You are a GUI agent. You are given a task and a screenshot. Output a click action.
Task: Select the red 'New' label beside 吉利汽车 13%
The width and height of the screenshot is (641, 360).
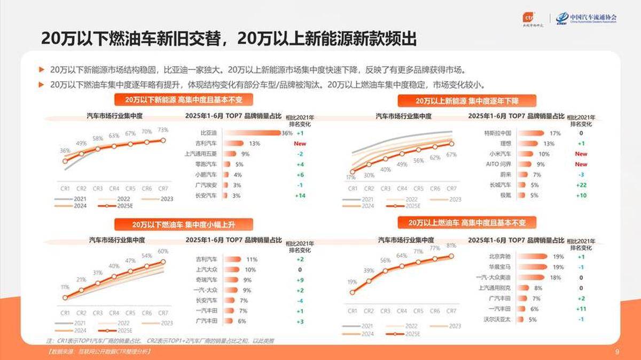[300, 144]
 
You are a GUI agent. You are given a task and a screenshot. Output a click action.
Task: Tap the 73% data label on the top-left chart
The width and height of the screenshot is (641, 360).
[163, 130]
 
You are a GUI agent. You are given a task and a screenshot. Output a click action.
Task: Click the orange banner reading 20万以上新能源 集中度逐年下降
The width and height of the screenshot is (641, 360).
[466, 100]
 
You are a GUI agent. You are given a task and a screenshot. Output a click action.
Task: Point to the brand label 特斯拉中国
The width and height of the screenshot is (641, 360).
[498, 133]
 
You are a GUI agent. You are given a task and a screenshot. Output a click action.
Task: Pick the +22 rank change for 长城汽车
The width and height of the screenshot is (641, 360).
[581, 185]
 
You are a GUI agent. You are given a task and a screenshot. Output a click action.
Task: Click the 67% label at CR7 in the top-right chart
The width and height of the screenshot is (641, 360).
[451, 155]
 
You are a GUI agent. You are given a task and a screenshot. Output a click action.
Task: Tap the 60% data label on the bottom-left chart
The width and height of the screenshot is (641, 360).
[163, 251]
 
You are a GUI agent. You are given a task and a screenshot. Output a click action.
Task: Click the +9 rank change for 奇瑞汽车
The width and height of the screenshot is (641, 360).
[300, 280]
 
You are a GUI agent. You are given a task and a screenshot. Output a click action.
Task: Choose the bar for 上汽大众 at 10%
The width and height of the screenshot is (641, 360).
[232, 270]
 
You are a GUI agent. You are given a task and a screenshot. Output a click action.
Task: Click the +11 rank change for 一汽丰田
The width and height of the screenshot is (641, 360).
[581, 309]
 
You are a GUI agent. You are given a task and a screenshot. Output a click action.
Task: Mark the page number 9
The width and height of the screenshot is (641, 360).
[617, 351]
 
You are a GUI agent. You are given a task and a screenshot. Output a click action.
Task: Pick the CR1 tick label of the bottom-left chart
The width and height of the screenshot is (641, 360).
[65, 313]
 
